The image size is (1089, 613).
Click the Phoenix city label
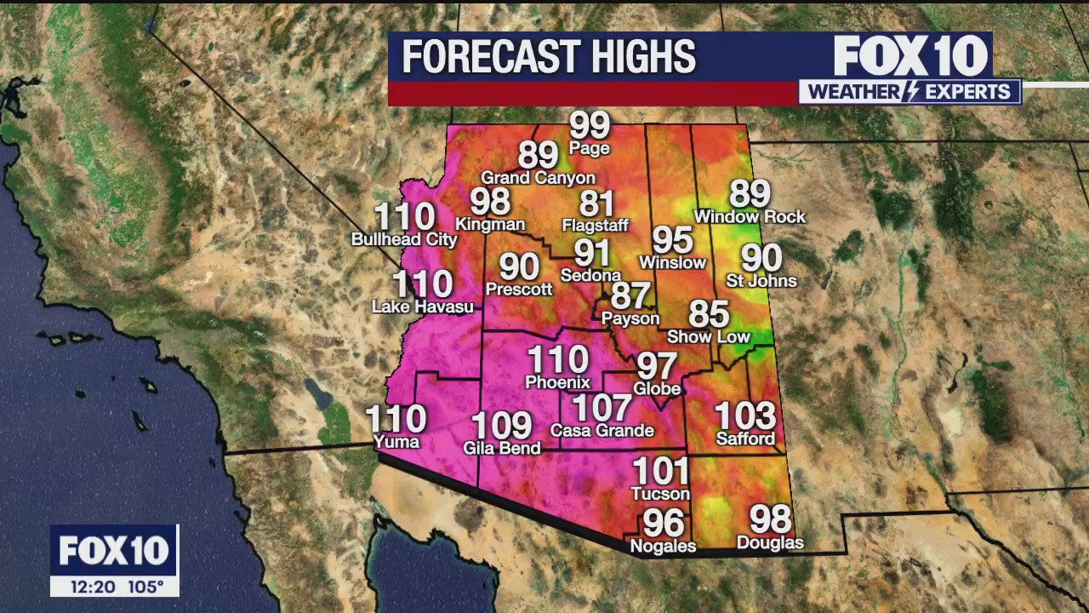point(557,382)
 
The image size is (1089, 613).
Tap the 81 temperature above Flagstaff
point(596,204)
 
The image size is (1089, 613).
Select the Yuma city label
point(396,441)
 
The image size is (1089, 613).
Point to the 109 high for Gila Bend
point(501,426)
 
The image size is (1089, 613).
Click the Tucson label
point(660,494)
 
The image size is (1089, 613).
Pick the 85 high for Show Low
point(709,314)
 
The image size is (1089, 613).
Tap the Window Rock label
point(750,217)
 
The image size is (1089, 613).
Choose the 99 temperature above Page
point(590,126)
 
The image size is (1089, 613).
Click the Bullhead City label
point(404,239)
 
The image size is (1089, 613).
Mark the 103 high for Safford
point(745,416)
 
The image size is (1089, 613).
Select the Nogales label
point(663,546)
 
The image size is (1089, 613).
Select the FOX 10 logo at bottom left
point(114,551)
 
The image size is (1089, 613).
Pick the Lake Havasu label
point(423,306)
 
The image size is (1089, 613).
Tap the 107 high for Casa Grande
point(602,409)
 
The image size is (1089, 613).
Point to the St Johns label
point(761,281)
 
